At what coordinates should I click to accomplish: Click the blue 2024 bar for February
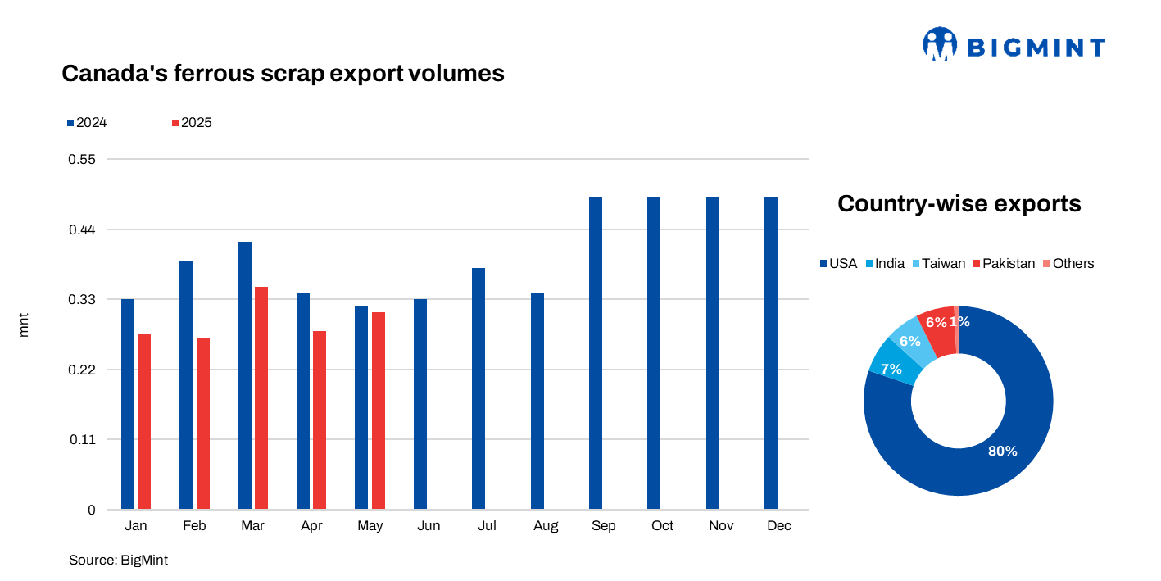point(186,385)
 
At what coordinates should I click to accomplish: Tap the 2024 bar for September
point(596,352)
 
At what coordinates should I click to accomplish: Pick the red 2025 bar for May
point(379,410)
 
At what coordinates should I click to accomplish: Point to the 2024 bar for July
point(478,388)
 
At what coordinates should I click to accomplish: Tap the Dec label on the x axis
point(779,526)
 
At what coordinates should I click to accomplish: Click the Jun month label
point(429,526)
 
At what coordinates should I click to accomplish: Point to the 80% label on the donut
point(1002,451)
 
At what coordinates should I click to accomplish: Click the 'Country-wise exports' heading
point(959,203)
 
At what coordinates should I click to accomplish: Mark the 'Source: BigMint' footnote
point(118,560)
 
